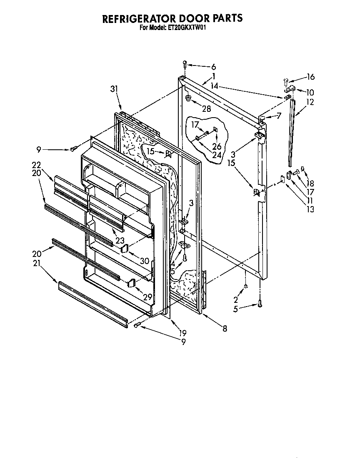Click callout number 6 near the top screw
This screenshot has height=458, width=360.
(x=213, y=67)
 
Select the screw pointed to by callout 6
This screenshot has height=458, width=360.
(x=184, y=64)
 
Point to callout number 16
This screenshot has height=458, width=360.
(x=310, y=77)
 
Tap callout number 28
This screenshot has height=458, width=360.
(x=206, y=109)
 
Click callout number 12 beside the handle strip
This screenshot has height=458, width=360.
(x=310, y=102)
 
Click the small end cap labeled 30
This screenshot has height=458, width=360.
(x=125, y=249)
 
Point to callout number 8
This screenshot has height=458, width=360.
(x=225, y=329)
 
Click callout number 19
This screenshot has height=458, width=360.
(x=182, y=333)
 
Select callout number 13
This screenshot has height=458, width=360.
(x=310, y=209)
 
